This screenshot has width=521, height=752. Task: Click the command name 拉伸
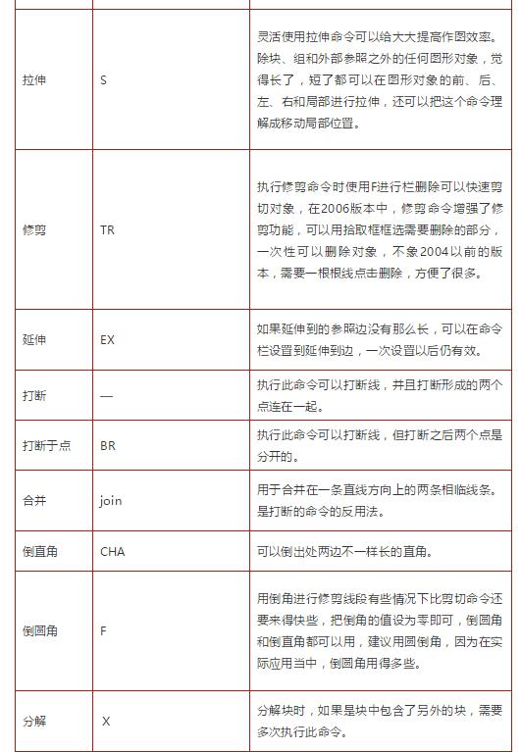[x=34, y=79]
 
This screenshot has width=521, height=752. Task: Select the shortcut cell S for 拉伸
[x=103, y=79]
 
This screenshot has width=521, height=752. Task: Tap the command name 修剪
[x=34, y=230]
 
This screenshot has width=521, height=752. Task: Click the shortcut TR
[x=107, y=230]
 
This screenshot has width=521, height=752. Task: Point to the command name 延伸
[x=34, y=340]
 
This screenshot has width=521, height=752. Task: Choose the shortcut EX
[x=107, y=340]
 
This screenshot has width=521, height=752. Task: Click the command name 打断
[x=34, y=396]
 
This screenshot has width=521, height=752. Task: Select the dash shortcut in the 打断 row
[x=107, y=396]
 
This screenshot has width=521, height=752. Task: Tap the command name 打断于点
[x=46, y=445]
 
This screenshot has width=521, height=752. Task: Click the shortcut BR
[x=107, y=445]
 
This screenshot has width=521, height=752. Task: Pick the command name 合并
[x=34, y=500]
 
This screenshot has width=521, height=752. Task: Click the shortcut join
[x=110, y=500]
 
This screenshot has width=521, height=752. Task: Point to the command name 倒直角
[x=40, y=551]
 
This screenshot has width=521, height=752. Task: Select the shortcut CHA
[x=112, y=551]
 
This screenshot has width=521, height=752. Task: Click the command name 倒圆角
[x=40, y=630]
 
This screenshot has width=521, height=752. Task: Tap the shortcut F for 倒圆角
[x=103, y=630]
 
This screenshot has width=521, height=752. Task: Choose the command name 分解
[x=34, y=721]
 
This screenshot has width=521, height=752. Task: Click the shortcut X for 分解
[x=106, y=721]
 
